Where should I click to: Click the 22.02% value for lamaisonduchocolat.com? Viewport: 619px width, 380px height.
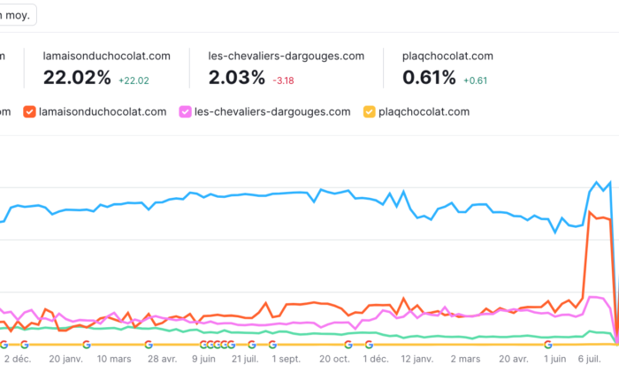[x=77, y=78]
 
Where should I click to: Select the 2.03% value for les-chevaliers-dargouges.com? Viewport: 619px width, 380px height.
[x=237, y=78]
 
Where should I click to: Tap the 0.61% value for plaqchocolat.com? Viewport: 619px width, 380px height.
[x=429, y=78]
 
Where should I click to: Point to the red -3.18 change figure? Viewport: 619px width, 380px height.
[x=285, y=80]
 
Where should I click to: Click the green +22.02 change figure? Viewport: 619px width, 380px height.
[x=133, y=80]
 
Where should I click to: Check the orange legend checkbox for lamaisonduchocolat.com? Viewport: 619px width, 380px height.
[x=30, y=112]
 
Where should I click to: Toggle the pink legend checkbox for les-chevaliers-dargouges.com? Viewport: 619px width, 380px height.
[x=186, y=112]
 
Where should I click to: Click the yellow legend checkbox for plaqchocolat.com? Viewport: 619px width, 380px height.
[x=369, y=112]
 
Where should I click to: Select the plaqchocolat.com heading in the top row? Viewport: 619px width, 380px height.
[x=447, y=56]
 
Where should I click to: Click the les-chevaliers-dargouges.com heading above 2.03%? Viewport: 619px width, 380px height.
[x=287, y=56]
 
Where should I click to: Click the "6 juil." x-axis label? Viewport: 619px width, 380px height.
[x=596, y=360]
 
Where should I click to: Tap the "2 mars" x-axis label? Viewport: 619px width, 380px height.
[x=464, y=360]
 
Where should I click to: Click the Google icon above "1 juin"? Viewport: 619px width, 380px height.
[x=548, y=345]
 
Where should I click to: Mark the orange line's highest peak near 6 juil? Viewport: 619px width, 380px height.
[x=590, y=212]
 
